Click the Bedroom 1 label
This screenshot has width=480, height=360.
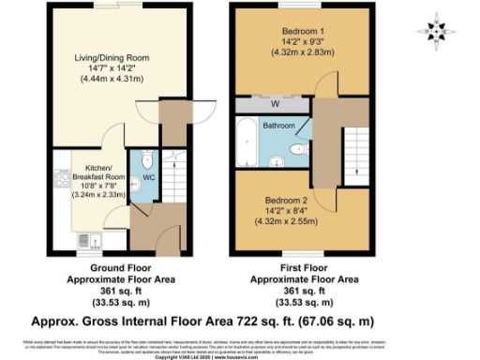301,31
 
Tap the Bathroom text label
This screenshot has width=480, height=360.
278,125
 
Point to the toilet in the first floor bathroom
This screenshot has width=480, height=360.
299,148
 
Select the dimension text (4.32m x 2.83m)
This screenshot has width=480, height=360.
301,52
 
